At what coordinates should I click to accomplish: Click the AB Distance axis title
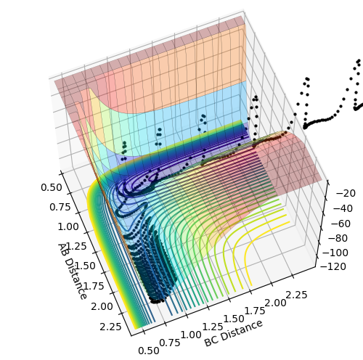pyautogui.click(x=72, y=271)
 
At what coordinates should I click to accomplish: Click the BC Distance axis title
pyautogui.click(x=234, y=333)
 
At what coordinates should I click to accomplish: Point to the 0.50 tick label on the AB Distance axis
pyautogui.click(x=52, y=187)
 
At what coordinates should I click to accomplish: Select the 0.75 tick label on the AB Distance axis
pyautogui.click(x=60, y=207)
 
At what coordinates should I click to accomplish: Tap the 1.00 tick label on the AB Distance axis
pyautogui.click(x=68, y=226)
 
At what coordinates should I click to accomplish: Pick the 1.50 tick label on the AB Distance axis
pyautogui.click(x=85, y=266)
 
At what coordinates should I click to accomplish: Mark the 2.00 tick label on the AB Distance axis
pyautogui.click(x=102, y=306)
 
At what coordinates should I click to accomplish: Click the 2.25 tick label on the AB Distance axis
pyautogui.click(x=110, y=327)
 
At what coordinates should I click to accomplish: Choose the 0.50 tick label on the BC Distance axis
pyautogui.click(x=149, y=351)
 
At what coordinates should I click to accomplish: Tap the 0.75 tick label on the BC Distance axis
pyautogui.click(x=170, y=343)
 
